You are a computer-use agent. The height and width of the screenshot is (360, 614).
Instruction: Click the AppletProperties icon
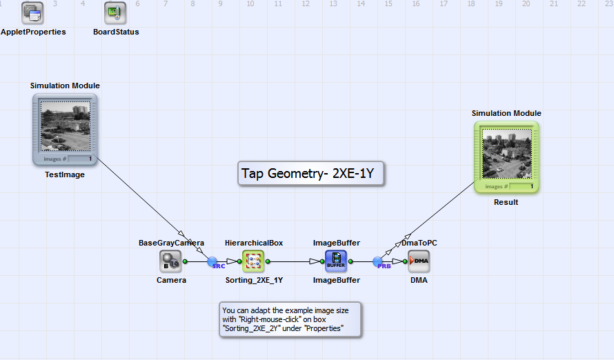(x=32, y=12)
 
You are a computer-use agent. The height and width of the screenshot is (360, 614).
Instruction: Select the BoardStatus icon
(x=115, y=12)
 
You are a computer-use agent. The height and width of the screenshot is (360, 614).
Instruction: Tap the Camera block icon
(x=170, y=261)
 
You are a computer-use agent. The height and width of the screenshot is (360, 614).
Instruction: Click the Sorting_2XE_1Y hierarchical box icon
(x=253, y=261)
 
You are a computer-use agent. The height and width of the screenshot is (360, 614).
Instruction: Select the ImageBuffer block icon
(x=336, y=261)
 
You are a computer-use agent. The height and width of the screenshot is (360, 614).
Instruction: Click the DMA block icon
(x=419, y=261)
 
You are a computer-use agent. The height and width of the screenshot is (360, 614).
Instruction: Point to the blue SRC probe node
(x=213, y=261)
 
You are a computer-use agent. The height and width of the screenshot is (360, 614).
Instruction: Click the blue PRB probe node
(x=378, y=261)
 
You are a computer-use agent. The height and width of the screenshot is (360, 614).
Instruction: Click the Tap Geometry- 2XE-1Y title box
(x=310, y=174)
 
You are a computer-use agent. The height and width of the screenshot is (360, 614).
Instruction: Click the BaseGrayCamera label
(x=171, y=243)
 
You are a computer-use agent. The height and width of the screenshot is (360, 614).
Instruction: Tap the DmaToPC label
(x=419, y=243)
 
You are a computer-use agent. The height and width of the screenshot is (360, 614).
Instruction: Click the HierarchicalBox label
(x=254, y=243)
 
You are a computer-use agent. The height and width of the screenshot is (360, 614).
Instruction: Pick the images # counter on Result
(x=521, y=186)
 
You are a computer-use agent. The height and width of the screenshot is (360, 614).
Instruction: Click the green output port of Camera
(x=186, y=261)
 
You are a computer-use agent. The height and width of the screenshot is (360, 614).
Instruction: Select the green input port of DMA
(x=405, y=261)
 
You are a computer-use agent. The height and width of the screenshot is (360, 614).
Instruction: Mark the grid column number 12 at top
(x=305, y=4)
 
